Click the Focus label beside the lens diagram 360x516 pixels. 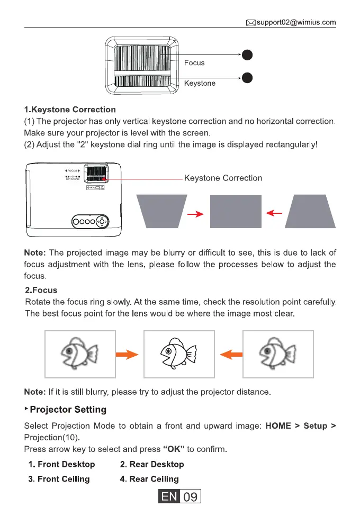tap(194, 63)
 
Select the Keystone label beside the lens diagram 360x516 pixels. tap(200, 84)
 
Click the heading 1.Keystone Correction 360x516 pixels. tap(70, 110)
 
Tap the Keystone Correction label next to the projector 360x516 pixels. tap(223, 178)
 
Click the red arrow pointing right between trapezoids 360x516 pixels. tap(195, 214)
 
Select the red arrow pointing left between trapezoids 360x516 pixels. tap(274, 213)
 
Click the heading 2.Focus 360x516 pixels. tap(41, 291)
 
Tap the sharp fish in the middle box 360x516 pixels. tap(178, 355)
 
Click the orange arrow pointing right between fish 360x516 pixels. tap(129, 355)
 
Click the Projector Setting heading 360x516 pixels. tap(68, 410)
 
